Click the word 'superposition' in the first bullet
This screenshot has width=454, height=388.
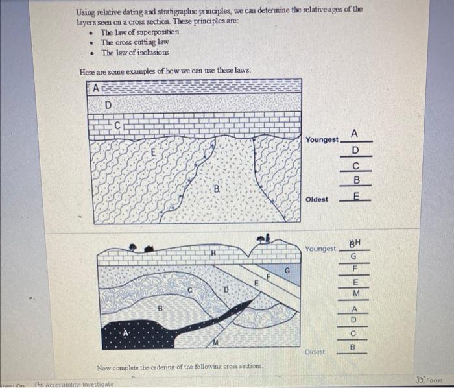coord(156,32)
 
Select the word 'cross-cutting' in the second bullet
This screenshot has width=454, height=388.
coord(130,42)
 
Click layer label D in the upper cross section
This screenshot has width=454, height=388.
coord(108,104)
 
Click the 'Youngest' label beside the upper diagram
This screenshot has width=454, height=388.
coord(322,139)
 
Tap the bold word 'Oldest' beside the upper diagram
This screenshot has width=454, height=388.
coord(317,199)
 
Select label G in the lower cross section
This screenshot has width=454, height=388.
coord(286,269)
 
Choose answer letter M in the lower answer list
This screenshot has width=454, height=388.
coord(354,293)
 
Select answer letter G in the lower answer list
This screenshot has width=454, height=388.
coord(354,256)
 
